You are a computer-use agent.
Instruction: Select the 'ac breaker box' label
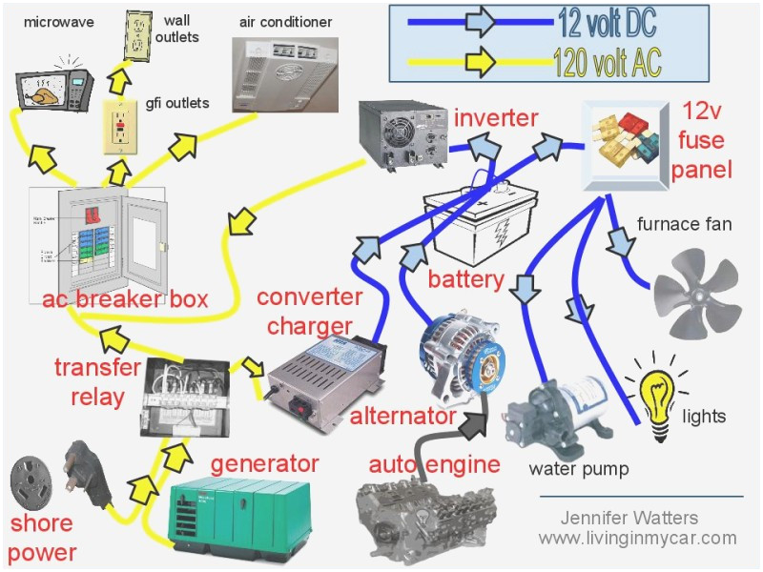125,298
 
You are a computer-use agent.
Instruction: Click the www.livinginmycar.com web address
636,539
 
